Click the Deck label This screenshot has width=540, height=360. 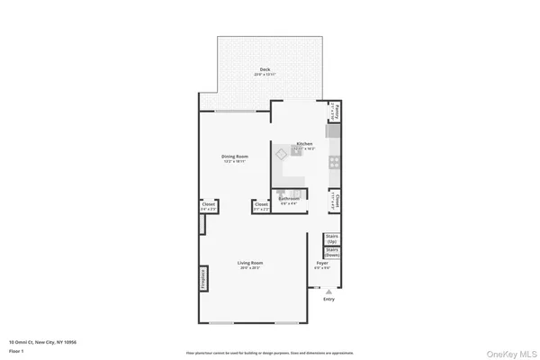pos(265,69)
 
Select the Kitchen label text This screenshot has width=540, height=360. pos(304,144)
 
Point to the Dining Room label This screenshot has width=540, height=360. pos(235,157)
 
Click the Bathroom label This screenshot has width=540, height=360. pos(288,198)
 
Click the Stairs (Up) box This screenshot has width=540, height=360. pos(330,239)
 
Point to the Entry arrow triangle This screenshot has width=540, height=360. pos(328,292)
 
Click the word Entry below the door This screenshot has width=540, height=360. pos(328,300)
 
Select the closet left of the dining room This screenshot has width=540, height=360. pos(208,206)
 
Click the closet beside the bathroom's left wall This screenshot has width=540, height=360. pos(261,206)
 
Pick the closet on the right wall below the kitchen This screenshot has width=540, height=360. pos(333,200)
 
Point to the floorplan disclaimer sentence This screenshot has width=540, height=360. pos(270,353)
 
